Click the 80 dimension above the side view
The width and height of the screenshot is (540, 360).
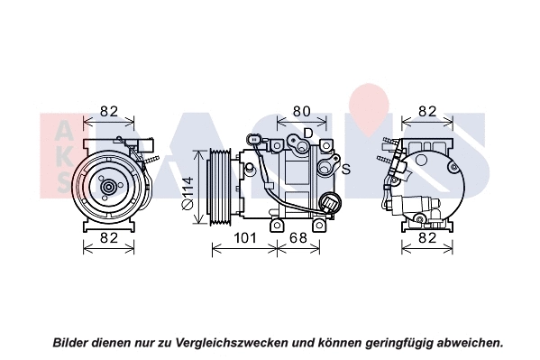[300, 112]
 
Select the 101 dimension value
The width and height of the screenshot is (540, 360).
[245, 238]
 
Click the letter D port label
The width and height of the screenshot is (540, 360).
[307, 134]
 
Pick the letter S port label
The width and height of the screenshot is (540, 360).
[345, 169]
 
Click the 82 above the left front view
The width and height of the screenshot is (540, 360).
[109, 112]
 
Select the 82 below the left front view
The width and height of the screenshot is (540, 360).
[109, 238]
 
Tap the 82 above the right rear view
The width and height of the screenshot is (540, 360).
[427, 112]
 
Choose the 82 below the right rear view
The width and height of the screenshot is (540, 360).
[427, 238]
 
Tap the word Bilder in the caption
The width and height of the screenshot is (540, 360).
[72, 343]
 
